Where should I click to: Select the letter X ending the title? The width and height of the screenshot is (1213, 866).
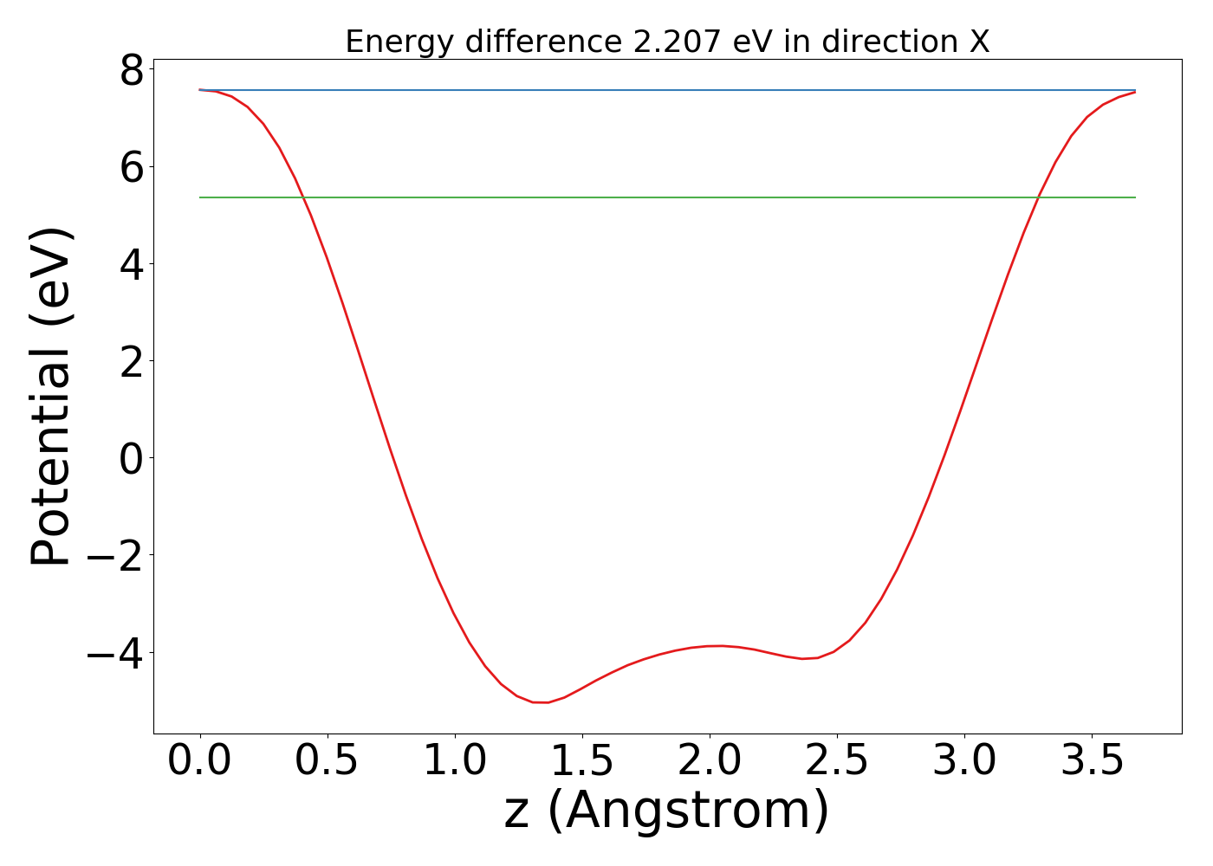979,42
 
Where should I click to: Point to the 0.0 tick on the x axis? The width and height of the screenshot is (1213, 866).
200,761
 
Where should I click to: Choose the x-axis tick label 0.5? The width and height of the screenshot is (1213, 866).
328,761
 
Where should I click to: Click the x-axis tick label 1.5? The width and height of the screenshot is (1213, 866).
582,761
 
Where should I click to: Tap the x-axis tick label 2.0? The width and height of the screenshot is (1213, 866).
710,761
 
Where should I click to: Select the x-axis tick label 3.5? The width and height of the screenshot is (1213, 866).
1092,761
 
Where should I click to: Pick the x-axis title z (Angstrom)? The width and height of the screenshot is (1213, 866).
666,811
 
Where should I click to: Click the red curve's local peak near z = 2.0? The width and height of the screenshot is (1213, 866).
719,645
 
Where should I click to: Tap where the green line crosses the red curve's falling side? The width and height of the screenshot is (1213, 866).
304,197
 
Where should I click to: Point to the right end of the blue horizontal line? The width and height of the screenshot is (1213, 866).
1135,90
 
